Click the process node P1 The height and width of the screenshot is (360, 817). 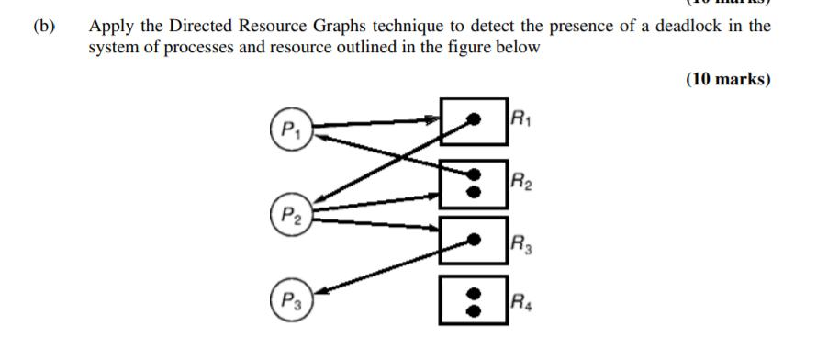click(289, 127)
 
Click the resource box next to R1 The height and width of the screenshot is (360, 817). click(473, 120)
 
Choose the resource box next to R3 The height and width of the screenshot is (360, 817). click(473, 242)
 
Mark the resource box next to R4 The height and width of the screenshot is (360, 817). click(473, 299)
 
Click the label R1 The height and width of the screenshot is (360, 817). click(520, 117)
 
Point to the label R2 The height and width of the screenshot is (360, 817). click(521, 180)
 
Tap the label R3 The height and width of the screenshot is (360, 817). click(521, 243)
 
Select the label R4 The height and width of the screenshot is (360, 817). click(521, 298)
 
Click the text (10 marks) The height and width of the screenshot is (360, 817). click(727, 79)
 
